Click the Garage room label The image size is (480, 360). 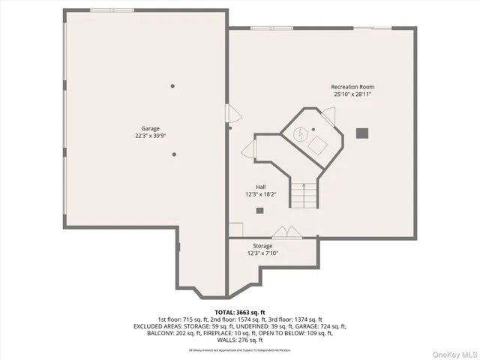[x=151, y=128]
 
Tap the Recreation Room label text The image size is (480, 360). [x=352, y=87]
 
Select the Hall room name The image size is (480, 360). [x=261, y=187]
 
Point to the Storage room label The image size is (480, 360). [x=262, y=246]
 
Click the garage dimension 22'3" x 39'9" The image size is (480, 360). [x=151, y=136]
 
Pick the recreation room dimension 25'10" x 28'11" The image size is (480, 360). [x=352, y=94]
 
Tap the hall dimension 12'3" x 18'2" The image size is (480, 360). [x=261, y=194]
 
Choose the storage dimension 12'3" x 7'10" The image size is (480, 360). [x=262, y=253]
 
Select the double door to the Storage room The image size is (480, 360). [x=286, y=232]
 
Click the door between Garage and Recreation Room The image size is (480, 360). [x=232, y=115]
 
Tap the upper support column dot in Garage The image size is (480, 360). [x=172, y=86]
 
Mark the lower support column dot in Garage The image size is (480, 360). [x=174, y=154]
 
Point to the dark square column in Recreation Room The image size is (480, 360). [x=362, y=133]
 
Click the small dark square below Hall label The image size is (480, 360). [x=259, y=210]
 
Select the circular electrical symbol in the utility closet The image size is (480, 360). [x=299, y=135]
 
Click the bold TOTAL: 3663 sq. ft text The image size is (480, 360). [x=240, y=312]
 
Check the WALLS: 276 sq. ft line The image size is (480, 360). [x=240, y=340]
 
